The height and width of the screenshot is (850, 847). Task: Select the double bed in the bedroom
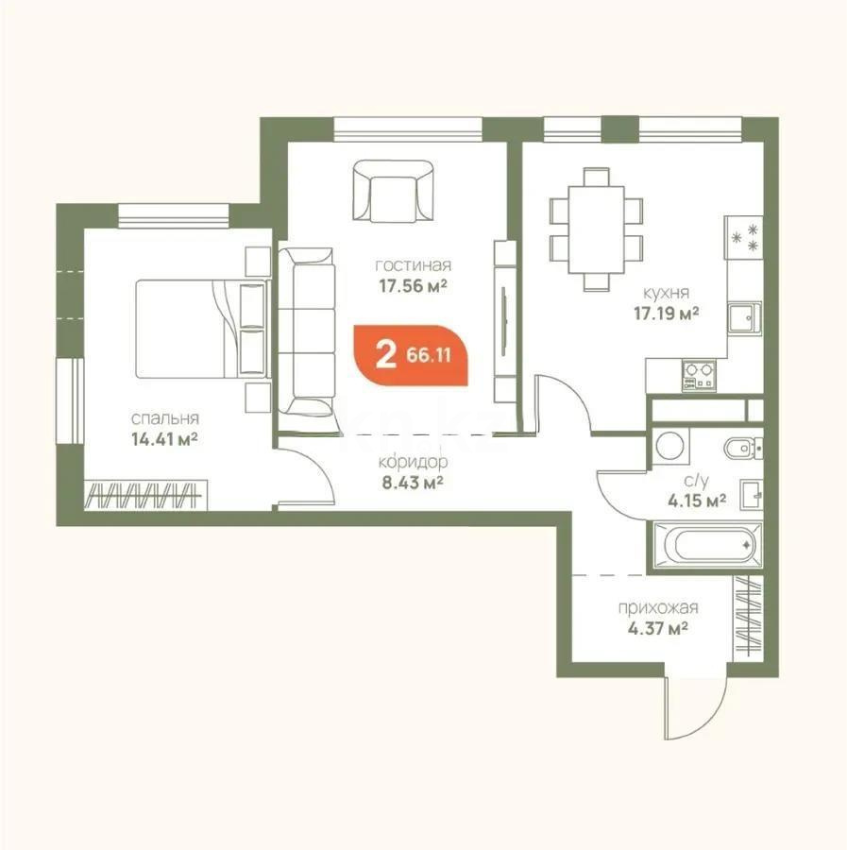pyautogui.click(x=189, y=327)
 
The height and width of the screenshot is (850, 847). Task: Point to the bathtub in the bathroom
pyautogui.click(x=703, y=546)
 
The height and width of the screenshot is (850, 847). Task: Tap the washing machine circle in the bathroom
pyautogui.click(x=672, y=445)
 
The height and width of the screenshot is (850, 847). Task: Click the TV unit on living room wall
pyautogui.click(x=506, y=322)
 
